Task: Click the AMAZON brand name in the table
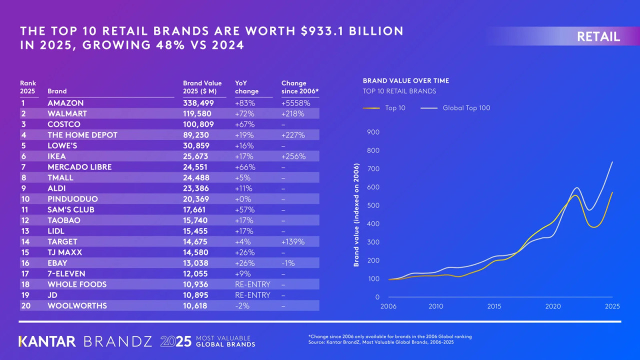[65, 103]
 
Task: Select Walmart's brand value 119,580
[199, 113]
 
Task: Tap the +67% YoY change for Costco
[244, 124]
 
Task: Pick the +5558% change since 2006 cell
[295, 103]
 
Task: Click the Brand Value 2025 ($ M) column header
[202, 87]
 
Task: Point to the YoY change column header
[246, 87]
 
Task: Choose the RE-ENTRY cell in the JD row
[252, 295]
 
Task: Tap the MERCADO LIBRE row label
[79, 166]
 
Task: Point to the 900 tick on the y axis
[373, 132]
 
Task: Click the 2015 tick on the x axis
[494, 306]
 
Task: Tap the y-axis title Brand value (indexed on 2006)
[356, 214]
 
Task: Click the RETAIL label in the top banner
[598, 36]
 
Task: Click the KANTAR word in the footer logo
[47, 341]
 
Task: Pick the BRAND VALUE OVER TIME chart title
[405, 80]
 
